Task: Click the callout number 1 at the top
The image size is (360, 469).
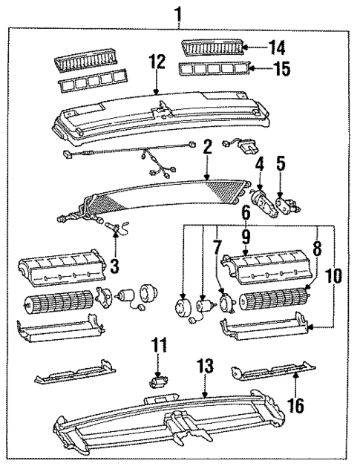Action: coord(177,12)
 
